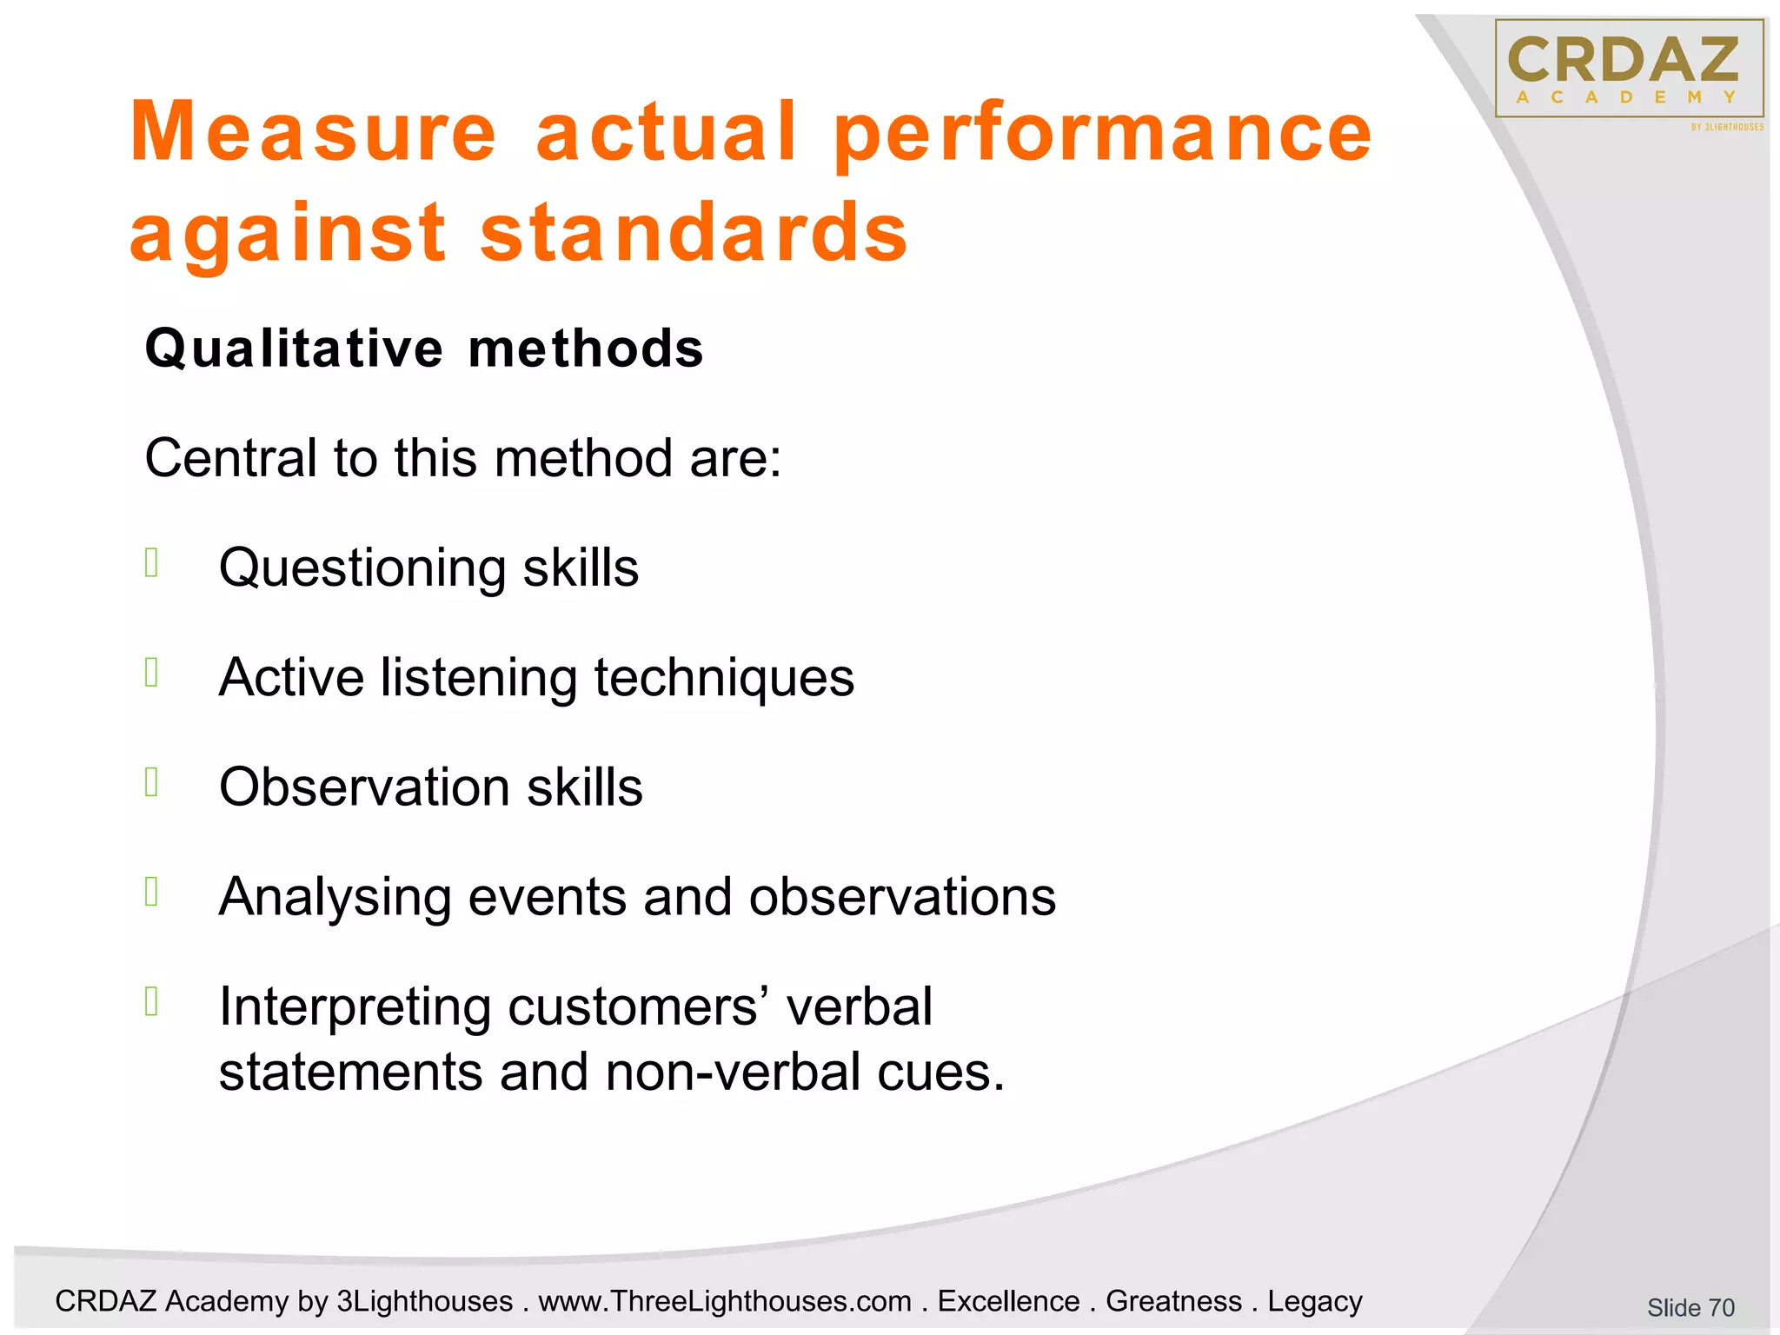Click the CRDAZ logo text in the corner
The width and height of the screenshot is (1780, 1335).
coord(1623,60)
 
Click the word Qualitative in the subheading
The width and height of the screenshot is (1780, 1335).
coord(295,349)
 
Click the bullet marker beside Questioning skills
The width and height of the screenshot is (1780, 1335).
coord(152,563)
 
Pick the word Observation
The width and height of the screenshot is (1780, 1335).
coord(364,787)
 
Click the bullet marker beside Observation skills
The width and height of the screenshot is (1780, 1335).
coord(152,782)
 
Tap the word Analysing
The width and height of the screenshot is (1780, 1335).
coord(335,897)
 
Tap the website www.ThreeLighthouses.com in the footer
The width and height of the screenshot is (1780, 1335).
coord(725,1301)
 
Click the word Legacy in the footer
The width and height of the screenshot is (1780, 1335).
coord(1314,1301)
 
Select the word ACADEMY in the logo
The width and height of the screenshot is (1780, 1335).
coord(1625,97)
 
